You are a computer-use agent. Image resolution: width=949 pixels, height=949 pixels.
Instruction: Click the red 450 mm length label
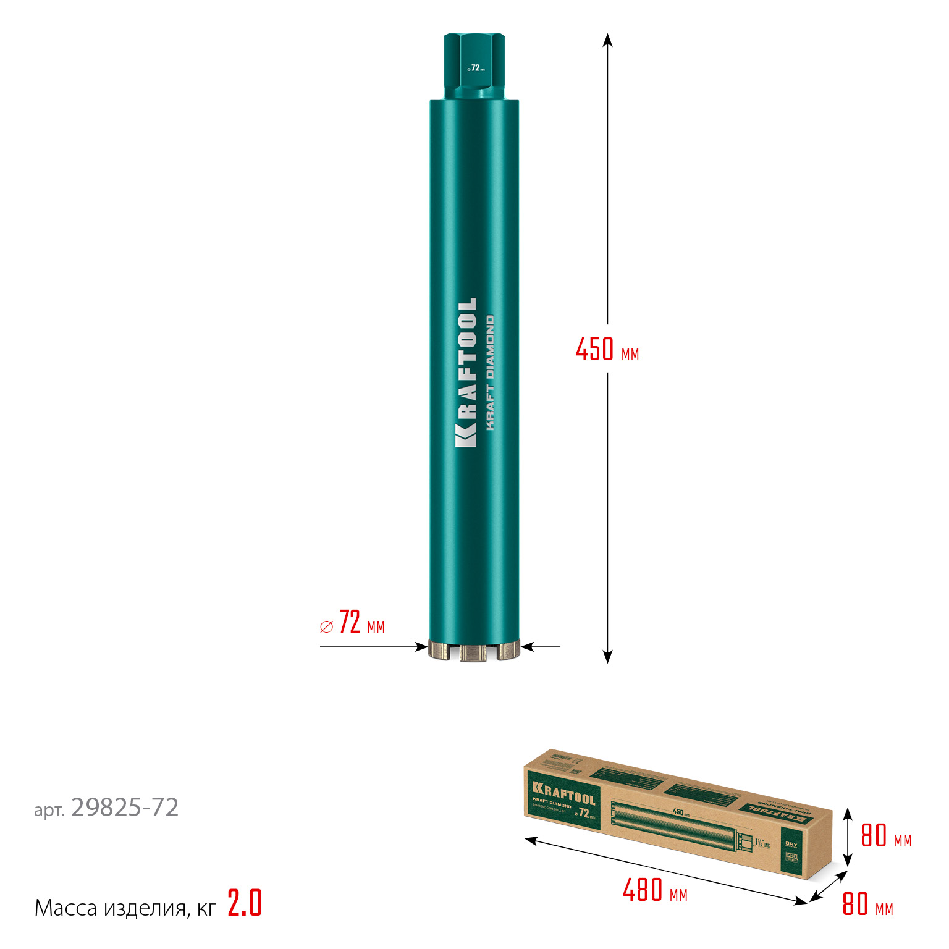pos(607,350)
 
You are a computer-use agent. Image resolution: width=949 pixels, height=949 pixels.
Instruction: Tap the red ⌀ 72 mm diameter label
pos(352,623)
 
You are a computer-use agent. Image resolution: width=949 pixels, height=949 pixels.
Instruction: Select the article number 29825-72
pos(124,808)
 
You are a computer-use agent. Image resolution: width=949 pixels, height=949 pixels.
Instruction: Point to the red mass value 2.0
pos(245,903)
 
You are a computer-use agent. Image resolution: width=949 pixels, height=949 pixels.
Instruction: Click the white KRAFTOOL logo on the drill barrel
pos(466,373)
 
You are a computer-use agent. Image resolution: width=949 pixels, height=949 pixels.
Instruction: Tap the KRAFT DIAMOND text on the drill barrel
pos(490,373)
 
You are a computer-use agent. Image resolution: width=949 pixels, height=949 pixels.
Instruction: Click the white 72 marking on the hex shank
pos(475,67)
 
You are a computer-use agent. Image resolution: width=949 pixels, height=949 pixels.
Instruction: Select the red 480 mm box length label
pos(654,891)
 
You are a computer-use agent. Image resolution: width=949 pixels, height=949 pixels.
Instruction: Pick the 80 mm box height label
pos(886,836)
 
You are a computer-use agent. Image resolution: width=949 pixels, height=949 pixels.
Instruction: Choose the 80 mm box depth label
pos(867,904)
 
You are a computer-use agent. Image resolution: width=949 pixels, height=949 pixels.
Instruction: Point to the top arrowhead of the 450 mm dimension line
pos(607,40)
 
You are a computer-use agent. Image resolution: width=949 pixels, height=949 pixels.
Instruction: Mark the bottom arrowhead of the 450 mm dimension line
pos(607,657)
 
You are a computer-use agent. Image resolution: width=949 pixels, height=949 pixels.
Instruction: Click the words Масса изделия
pos(110,908)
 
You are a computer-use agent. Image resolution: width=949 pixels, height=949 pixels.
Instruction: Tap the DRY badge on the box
pos(791,844)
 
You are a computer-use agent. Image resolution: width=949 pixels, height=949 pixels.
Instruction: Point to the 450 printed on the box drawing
pos(678,812)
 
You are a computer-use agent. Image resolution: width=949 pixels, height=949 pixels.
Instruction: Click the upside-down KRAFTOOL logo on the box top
pos(774,812)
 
